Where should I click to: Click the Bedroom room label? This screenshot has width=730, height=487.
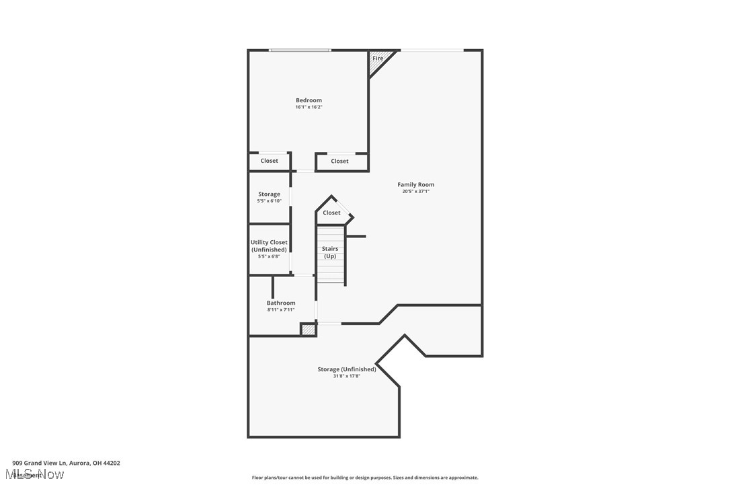[309, 100]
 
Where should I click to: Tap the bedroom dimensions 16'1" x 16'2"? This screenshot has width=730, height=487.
[309, 107]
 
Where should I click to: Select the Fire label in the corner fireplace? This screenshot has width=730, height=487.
[378, 59]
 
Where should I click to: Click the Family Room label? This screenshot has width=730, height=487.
[415, 184]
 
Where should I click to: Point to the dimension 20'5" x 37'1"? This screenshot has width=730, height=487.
[415, 192]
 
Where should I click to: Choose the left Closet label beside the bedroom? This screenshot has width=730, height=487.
[270, 161]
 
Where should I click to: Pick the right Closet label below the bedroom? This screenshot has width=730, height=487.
[340, 161]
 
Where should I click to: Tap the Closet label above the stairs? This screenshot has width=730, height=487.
[331, 213]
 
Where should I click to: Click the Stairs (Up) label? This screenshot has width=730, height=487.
[330, 252]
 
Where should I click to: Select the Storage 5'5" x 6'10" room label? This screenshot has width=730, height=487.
[269, 194]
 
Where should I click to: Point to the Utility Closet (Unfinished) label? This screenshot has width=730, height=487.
[269, 246]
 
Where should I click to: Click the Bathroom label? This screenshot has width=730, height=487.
[281, 303]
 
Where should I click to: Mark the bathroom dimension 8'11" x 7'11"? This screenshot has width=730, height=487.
[281, 310]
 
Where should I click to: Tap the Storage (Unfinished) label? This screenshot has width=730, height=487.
[347, 369]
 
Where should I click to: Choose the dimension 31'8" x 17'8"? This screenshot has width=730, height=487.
[347, 376]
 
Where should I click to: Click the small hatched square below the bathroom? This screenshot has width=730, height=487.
[308, 330]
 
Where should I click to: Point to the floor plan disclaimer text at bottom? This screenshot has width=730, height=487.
[365, 478]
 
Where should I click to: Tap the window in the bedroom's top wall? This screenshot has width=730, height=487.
[300, 50]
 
